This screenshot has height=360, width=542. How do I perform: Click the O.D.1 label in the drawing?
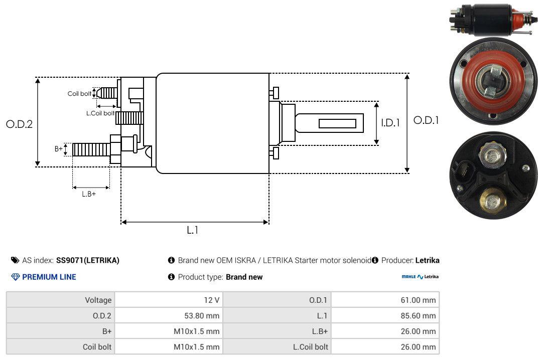(x=426, y=120)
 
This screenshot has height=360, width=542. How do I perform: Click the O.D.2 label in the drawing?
(x=19, y=124)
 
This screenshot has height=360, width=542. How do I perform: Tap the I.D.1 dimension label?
(x=390, y=123)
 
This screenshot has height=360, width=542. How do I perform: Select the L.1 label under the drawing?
(x=193, y=230)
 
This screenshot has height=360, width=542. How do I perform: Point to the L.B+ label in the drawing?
(x=89, y=194)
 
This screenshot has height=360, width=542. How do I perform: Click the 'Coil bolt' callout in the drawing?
(x=79, y=94)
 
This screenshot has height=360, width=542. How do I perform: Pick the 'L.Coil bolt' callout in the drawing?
(x=100, y=113)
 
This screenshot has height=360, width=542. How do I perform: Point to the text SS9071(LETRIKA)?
(x=88, y=260)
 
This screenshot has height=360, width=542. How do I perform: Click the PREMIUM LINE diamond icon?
(x=15, y=277)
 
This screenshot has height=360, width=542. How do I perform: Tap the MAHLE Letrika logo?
(x=420, y=277)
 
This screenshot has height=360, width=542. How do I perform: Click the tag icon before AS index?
(x=15, y=260)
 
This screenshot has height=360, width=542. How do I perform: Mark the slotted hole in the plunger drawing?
(x=337, y=123)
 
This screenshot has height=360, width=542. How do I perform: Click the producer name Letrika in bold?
(x=427, y=260)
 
